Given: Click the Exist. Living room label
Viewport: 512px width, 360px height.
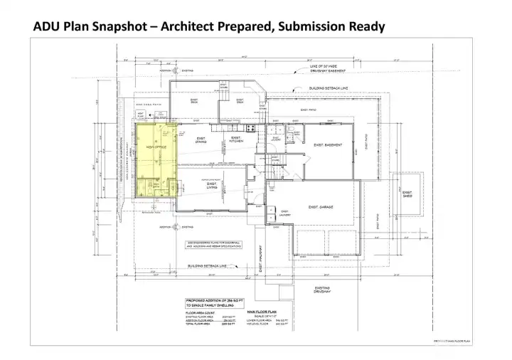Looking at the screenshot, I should pyautogui.click(x=212, y=185).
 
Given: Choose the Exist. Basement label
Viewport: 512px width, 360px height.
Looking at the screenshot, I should pyautogui.click(x=329, y=144).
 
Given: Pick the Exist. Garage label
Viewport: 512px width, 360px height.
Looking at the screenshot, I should pyautogui.click(x=321, y=207).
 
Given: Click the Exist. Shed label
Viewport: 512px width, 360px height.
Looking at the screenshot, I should pyautogui.click(x=407, y=194).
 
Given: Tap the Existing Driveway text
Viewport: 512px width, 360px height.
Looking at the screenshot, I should pyautogui.click(x=321, y=290).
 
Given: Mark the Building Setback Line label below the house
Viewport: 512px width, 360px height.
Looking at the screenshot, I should pyautogui.click(x=206, y=267).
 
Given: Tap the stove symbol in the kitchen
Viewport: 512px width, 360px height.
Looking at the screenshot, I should pyautogui.click(x=250, y=128).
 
